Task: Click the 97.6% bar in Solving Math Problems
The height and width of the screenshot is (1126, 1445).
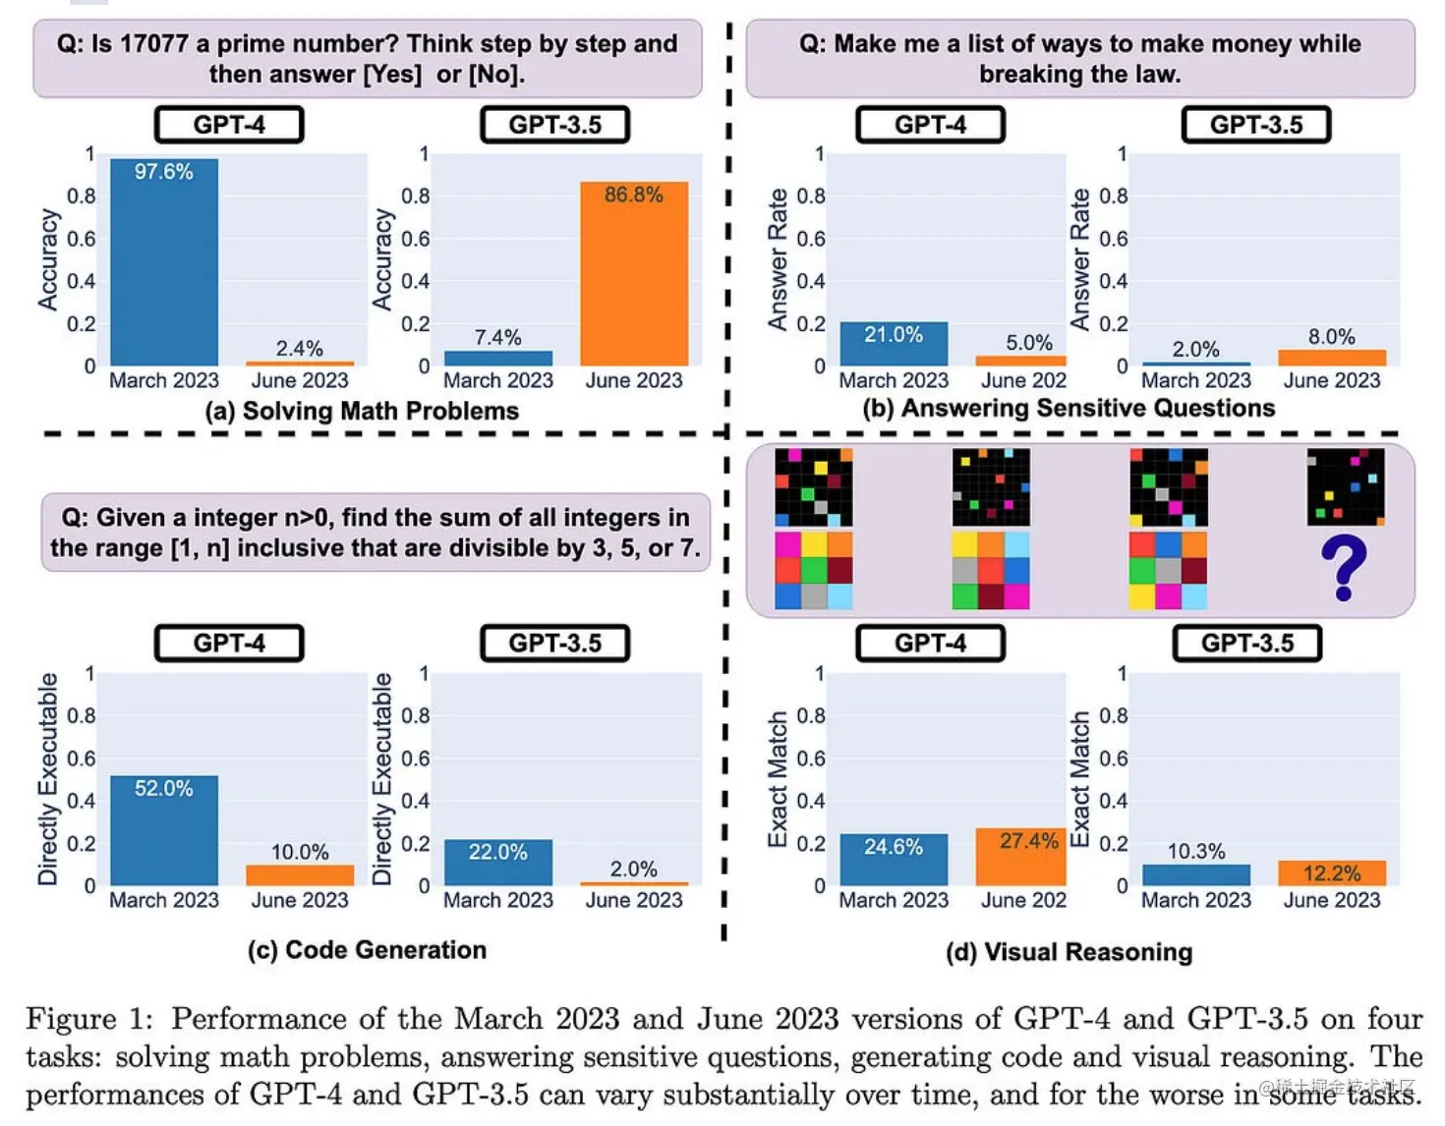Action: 164,262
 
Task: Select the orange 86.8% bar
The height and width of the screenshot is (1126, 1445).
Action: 634,274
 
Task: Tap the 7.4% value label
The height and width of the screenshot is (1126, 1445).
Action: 497,337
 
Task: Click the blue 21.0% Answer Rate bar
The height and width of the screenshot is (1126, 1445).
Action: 894,344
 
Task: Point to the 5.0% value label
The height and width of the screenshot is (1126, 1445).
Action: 1028,343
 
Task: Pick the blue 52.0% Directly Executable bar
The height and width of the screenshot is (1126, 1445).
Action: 164,830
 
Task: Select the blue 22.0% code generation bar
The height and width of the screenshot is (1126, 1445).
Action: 497,862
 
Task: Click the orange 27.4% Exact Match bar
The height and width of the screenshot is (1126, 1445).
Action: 1020,857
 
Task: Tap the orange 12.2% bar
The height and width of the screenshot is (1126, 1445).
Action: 1332,873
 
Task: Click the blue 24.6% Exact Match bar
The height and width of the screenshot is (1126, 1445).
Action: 894,860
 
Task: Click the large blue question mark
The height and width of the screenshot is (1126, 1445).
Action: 1344,568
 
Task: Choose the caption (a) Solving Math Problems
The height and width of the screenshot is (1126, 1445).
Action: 362,411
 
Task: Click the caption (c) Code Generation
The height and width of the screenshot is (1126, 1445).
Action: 367,950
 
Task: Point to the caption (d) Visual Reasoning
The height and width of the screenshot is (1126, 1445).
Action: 1069,952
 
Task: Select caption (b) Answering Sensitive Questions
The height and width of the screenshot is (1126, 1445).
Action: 1069,408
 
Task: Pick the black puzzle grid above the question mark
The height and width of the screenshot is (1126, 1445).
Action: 1345,487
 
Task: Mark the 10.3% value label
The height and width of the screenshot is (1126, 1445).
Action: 1195,851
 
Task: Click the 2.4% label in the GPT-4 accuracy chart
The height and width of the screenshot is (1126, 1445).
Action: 299,349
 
